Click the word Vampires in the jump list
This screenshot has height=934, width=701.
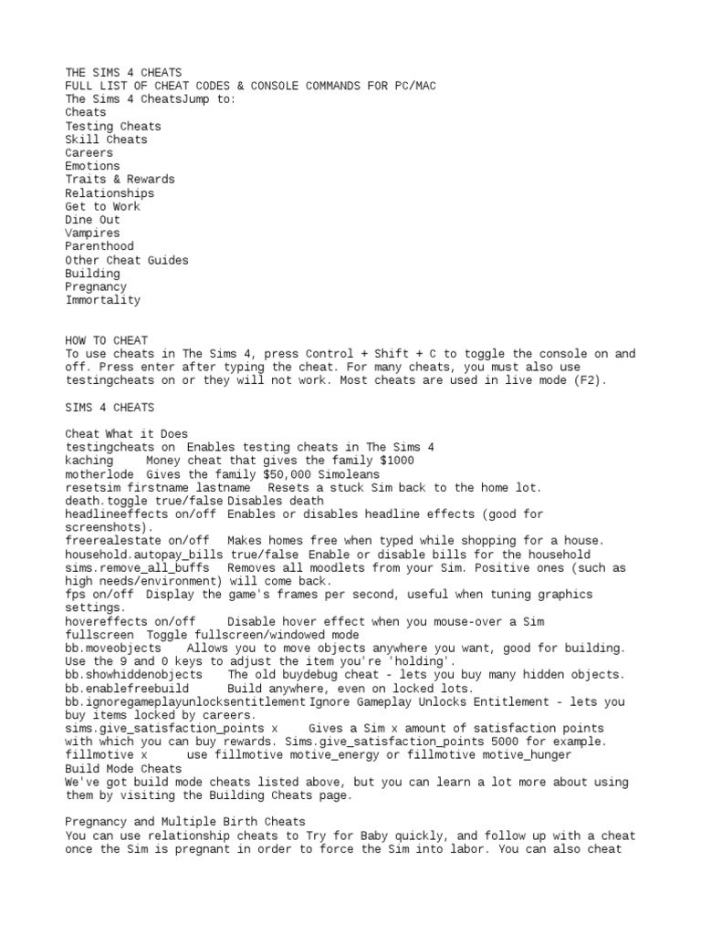92,233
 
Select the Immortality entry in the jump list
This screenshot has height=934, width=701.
102,300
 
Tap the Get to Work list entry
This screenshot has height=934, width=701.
102,207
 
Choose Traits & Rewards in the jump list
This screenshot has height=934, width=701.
120,180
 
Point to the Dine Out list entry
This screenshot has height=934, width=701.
92,220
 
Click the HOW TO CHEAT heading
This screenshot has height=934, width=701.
106,340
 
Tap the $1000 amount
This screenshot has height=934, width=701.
394,461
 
